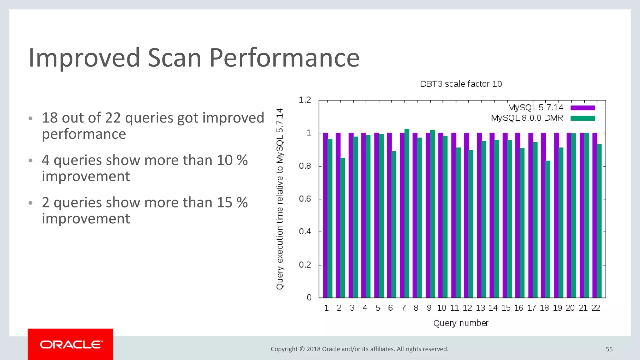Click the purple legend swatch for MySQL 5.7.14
click(582, 108)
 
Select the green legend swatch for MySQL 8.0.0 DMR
click(582, 118)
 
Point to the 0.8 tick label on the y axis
click(305, 166)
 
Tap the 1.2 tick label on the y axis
click(305, 100)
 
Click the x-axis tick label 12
click(467, 308)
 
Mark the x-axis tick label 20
click(570, 308)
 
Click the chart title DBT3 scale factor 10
click(461, 84)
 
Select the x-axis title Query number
click(461, 323)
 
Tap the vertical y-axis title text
click(280, 199)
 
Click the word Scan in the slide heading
click(174, 58)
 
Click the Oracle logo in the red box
click(71, 344)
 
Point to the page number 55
click(609, 349)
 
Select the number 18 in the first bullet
click(50, 118)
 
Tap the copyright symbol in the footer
click(302, 349)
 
